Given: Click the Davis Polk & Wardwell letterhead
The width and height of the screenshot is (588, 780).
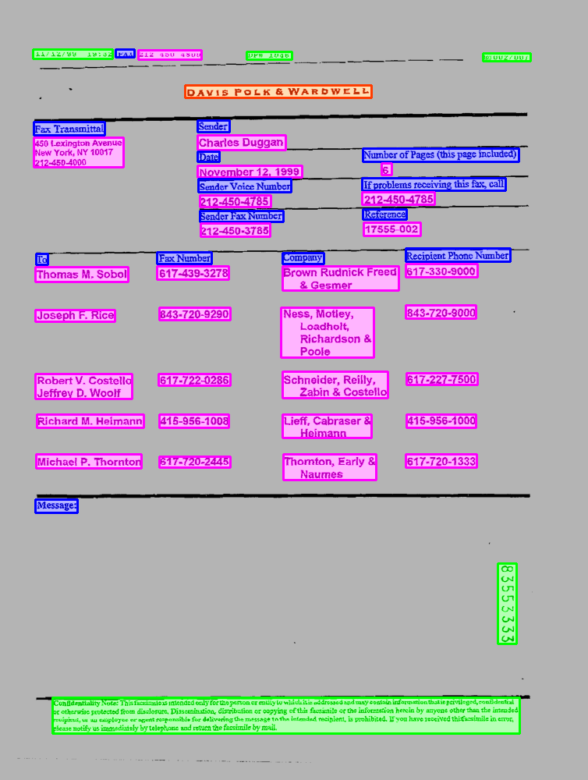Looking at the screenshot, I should [x=278, y=92].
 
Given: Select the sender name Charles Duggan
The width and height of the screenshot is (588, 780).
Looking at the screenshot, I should [x=241, y=143].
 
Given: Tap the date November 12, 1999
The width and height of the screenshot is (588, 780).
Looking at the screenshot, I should [x=250, y=172].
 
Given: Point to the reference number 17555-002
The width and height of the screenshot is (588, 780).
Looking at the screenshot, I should [x=391, y=229].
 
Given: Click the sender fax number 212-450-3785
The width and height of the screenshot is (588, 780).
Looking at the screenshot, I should [x=235, y=231].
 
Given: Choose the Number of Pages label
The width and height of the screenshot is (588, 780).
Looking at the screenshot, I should [x=441, y=155].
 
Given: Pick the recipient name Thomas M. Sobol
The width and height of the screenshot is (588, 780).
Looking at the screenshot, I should [x=82, y=275].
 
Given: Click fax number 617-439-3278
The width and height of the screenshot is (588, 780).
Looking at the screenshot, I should [x=193, y=273].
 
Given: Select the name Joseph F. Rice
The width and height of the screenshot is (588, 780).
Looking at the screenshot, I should [x=75, y=315].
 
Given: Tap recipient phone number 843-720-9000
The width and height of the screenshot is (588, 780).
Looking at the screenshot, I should [x=441, y=313].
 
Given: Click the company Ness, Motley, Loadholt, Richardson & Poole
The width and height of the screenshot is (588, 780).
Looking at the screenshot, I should [x=328, y=332].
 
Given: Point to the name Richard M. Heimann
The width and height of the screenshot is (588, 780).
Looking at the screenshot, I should [x=90, y=421].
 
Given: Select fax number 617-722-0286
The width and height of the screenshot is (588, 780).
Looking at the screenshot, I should [x=194, y=380].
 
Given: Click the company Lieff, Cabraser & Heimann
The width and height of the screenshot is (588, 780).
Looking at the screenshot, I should [x=327, y=427].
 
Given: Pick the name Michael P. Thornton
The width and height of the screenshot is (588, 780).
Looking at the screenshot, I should [x=89, y=462].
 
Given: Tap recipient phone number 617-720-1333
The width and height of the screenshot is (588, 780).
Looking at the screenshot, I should [x=441, y=461].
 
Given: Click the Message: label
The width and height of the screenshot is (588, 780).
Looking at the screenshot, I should [x=56, y=506].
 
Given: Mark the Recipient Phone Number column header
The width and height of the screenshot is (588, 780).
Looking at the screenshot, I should [x=458, y=255].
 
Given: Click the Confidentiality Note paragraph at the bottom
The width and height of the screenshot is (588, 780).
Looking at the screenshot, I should [x=285, y=716].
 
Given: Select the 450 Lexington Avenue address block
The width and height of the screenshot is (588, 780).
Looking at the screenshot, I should [x=78, y=153].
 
